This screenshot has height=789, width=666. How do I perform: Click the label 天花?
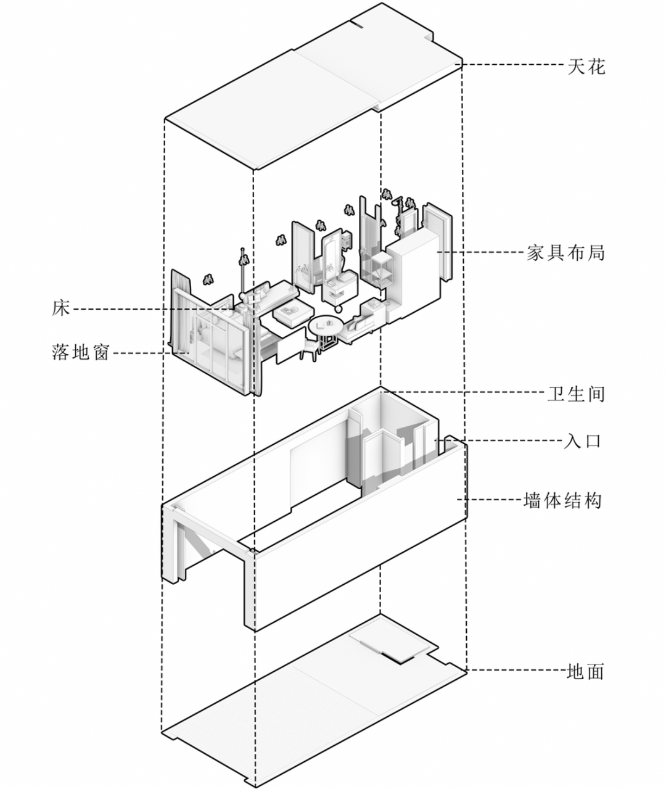tap(586, 65)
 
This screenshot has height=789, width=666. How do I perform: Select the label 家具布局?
tap(565, 252)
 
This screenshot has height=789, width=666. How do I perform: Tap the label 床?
tap(61, 308)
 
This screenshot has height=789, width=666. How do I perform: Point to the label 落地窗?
tap(80, 352)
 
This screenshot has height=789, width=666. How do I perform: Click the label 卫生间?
tap(576, 394)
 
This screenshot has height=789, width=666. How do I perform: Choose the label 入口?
tap(583, 440)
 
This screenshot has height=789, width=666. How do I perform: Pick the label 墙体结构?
tap(561, 500)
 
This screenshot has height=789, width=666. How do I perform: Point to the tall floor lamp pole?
tap(242, 271)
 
